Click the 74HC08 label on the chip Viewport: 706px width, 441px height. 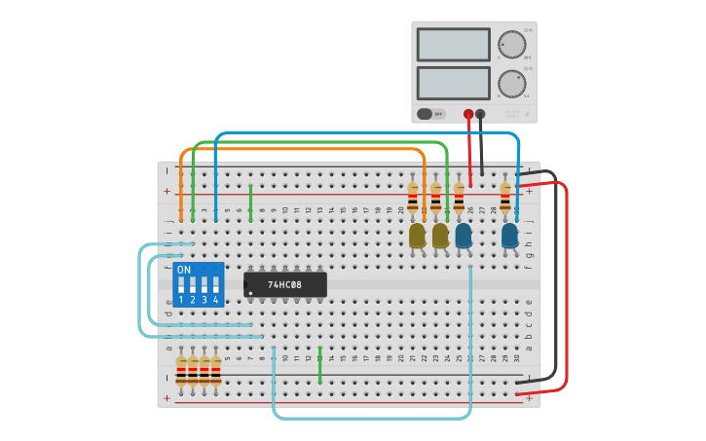click(x=284, y=284)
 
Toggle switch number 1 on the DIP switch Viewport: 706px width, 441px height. click(x=181, y=285)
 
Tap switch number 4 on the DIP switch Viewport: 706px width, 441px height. click(x=216, y=285)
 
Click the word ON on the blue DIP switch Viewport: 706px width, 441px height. click(x=184, y=270)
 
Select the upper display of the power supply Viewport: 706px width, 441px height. click(x=453, y=45)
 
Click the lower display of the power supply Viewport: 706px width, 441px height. click(x=453, y=82)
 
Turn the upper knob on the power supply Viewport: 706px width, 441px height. click(x=511, y=44)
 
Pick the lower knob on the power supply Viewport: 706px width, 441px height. click(x=511, y=83)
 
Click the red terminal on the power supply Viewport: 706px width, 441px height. click(x=468, y=114)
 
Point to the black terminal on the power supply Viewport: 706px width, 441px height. click(x=480, y=114)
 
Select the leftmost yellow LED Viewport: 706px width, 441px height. click(x=417, y=235)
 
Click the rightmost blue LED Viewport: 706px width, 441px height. click(x=509, y=235)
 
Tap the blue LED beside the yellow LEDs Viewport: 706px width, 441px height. click(x=464, y=235)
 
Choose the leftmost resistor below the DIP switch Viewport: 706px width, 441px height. click(x=181, y=371)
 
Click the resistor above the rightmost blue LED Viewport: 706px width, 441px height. click(x=504, y=198)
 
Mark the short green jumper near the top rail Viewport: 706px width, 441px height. click(x=250, y=202)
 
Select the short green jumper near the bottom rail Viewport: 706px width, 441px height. click(x=319, y=364)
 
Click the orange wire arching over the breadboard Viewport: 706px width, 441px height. click(x=302, y=149)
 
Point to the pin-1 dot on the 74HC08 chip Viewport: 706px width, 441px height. click(x=250, y=293)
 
